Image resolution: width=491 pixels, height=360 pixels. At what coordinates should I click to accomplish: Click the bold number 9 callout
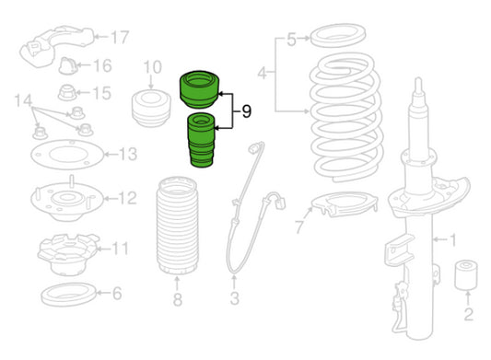(x=247, y=111)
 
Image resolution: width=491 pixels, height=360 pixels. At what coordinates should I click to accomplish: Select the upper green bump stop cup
(x=200, y=89)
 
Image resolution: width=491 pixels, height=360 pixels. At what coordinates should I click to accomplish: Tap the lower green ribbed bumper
(x=201, y=140)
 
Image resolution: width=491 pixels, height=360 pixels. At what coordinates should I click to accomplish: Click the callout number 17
(x=120, y=37)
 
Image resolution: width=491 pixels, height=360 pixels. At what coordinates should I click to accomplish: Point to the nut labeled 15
(x=67, y=92)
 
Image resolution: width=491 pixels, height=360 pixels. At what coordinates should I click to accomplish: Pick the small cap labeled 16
(x=68, y=65)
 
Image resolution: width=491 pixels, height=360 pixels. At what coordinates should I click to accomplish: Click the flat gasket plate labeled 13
(x=67, y=155)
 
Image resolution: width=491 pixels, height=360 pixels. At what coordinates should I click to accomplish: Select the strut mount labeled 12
(x=67, y=199)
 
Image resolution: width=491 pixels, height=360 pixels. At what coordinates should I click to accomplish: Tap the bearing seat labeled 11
(x=67, y=254)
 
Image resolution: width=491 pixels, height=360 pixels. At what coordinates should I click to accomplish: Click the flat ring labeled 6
(x=68, y=295)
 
